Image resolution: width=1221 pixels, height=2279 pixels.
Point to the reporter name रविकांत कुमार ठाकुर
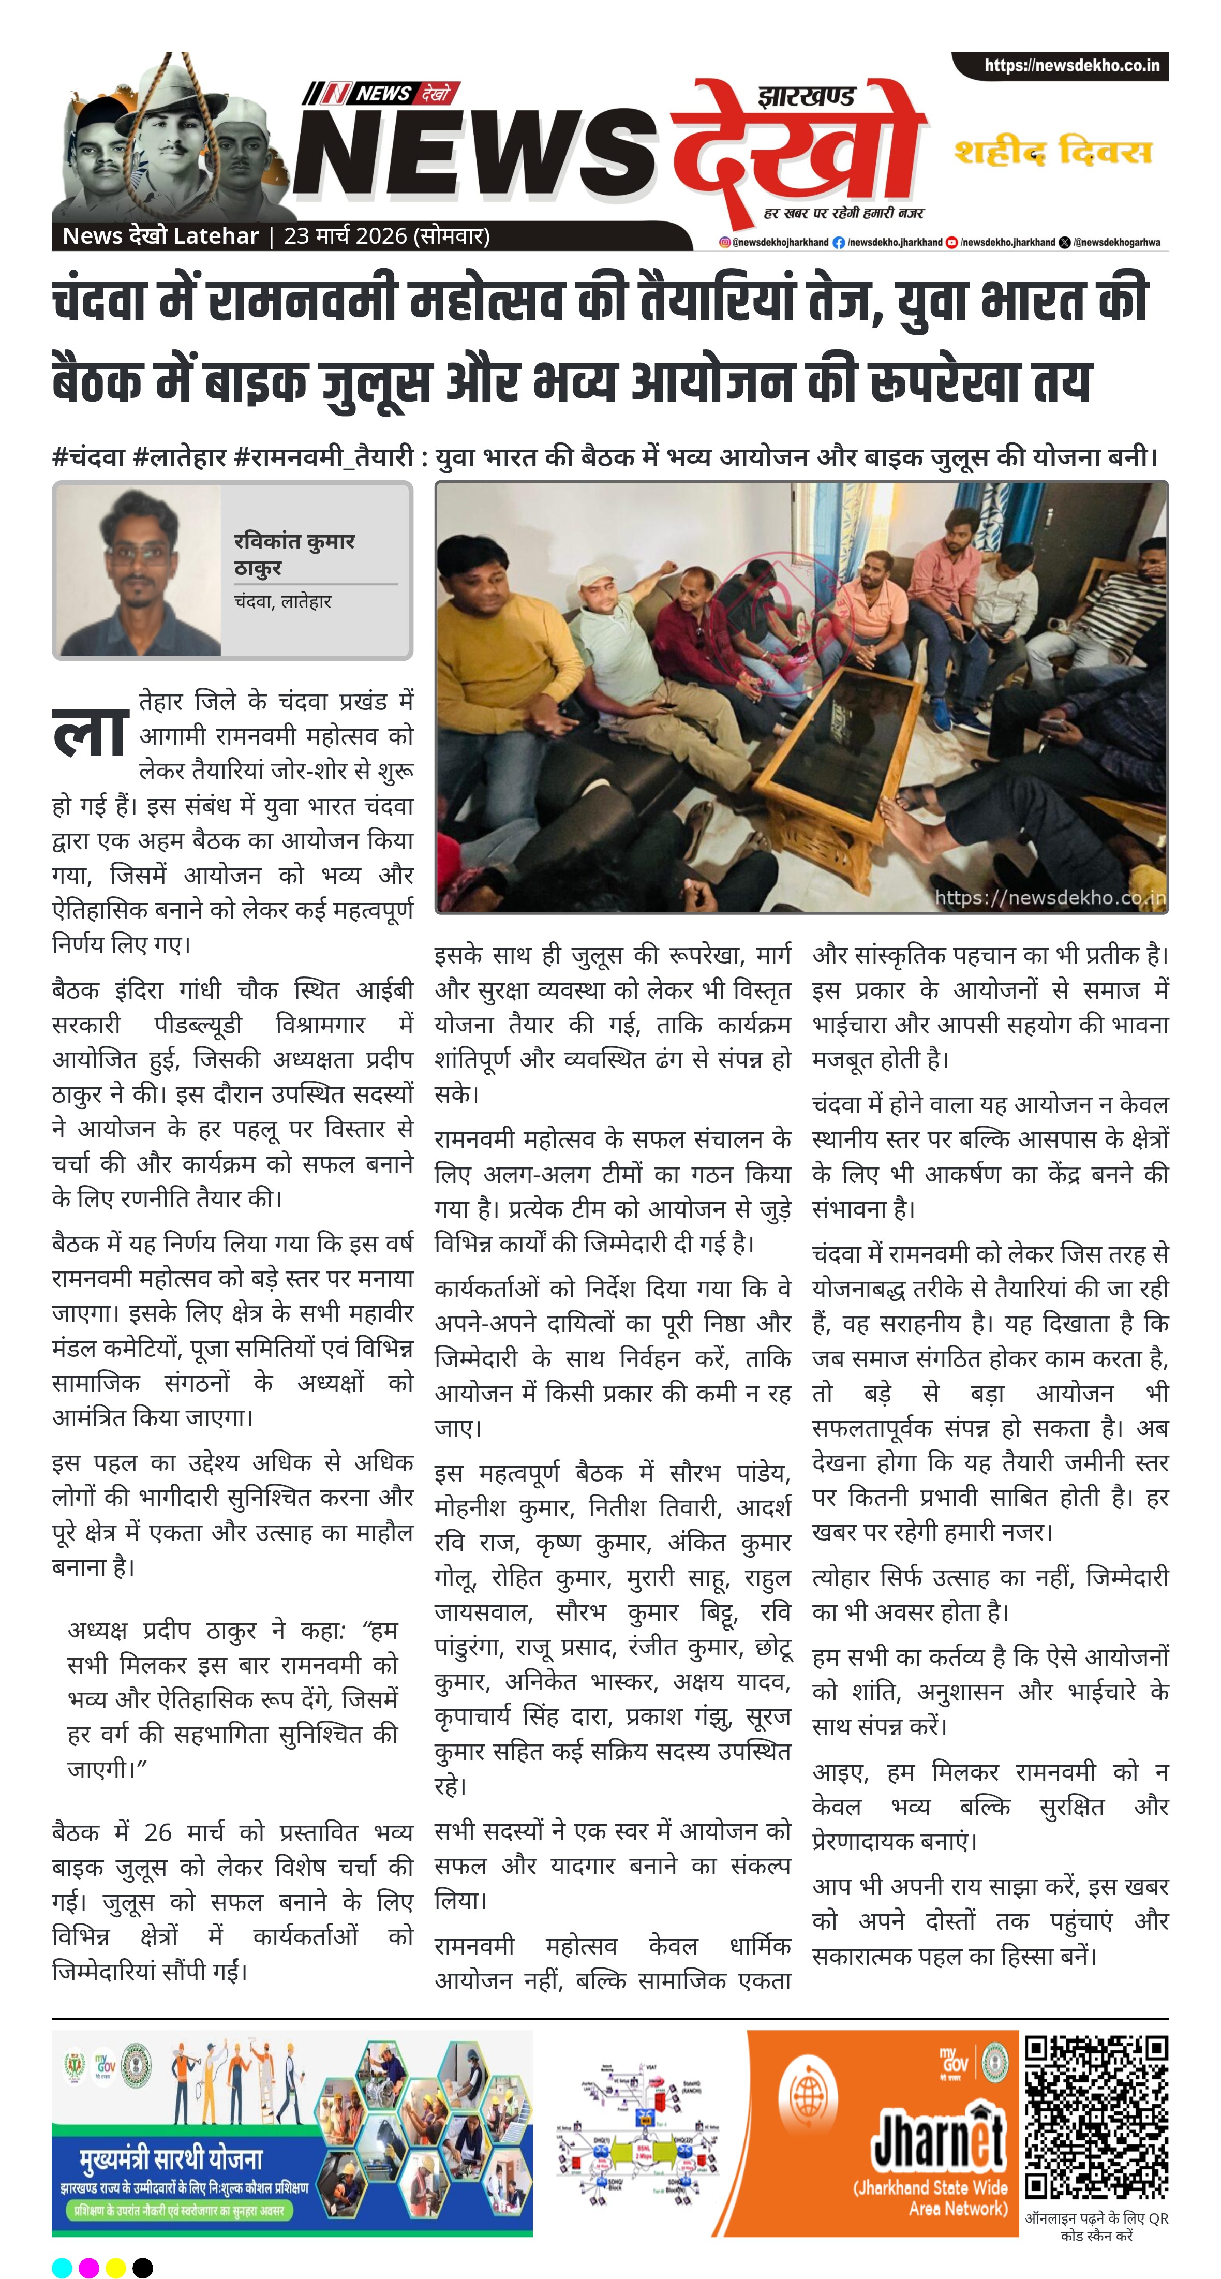point(294,553)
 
